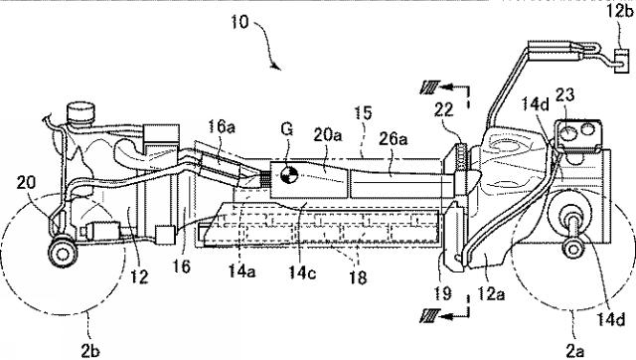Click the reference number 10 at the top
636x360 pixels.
pyautogui.click(x=239, y=22)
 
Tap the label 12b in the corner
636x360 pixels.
pyautogui.click(x=619, y=11)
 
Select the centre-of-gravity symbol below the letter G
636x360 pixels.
pyautogui.click(x=289, y=175)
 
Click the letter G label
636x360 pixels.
pyautogui.click(x=286, y=129)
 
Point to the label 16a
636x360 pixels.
pyautogui.click(x=222, y=126)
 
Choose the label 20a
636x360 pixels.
pyautogui.click(x=327, y=134)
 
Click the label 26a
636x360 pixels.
pyautogui.click(x=394, y=139)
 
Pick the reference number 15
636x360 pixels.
pyautogui.click(x=363, y=112)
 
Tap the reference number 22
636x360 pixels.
pyautogui.click(x=443, y=109)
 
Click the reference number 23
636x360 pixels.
pyautogui.click(x=564, y=95)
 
